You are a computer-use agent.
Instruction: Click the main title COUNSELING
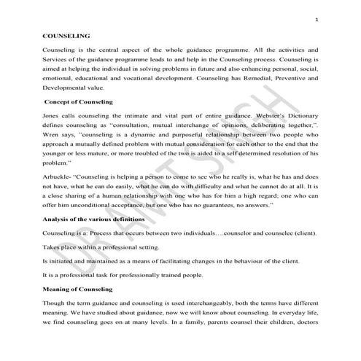click(x=66, y=34)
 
